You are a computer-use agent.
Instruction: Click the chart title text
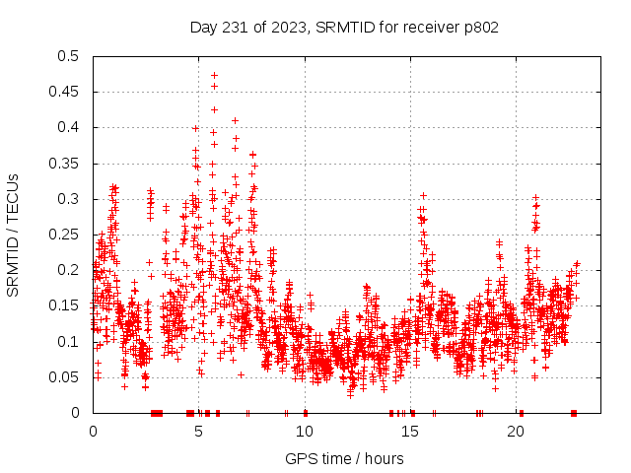pyautogui.click(x=344, y=27)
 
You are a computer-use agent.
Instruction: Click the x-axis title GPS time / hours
pyautogui.click(x=344, y=458)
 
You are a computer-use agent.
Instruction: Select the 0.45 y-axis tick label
pyautogui.click(x=68, y=92)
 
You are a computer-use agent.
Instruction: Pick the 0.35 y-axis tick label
pyautogui.click(x=68, y=163)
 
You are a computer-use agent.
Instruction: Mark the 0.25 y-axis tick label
pyautogui.click(x=68, y=235)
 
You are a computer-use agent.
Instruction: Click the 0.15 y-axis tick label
pyautogui.click(x=68, y=305)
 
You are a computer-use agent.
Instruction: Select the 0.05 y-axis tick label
pyautogui.click(x=68, y=376)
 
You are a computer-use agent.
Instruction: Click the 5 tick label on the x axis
pyautogui.click(x=198, y=432)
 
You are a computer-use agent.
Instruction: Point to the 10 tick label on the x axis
pyautogui.click(x=305, y=432)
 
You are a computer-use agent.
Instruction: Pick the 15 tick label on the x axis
pyautogui.click(x=410, y=432)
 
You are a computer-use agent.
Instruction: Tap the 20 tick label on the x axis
pyautogui.click(x=516, y=432)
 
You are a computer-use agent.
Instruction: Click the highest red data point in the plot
pyautogui.click(x=214, y=75)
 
